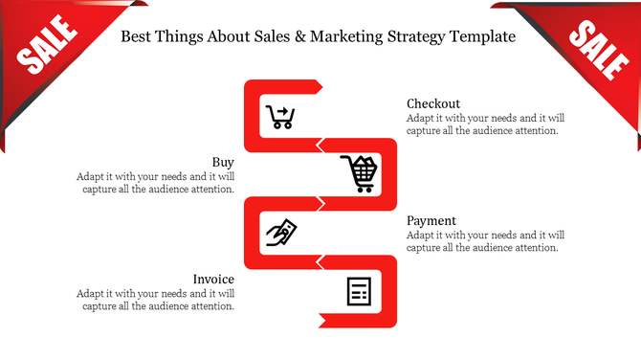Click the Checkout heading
coord(433,103)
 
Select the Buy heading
coord(223,162)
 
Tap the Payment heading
coord(431,220)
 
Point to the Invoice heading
coord(213,279)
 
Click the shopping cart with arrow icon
coord(280,117)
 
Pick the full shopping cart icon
coord(360,174)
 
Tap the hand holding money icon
coord(281,234)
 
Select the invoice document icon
coord(359,291)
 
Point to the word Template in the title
coord(479,38)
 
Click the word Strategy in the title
coord(412,38)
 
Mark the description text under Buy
coord(155,183)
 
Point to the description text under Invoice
coord(155,300)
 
